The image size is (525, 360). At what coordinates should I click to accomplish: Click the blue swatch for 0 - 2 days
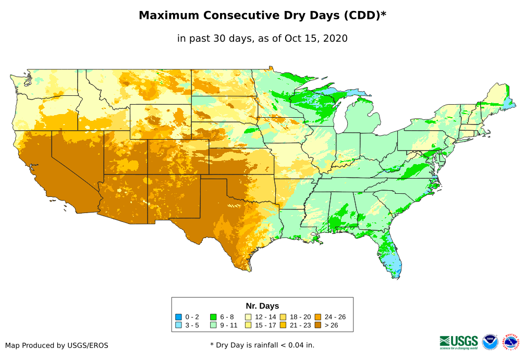tap(178, 317)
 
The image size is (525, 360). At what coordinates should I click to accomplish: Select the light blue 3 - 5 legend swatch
tap(178, 326)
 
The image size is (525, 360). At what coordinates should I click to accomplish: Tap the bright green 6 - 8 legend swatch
tap(213, 317)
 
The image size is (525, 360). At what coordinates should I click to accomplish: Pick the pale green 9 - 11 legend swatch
tap(213, 326)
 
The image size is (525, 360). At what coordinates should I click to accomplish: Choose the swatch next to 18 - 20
tap(283, 317)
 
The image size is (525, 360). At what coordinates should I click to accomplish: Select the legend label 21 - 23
tap(300, 326)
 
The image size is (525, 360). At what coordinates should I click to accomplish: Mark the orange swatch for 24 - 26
tap(318, 317)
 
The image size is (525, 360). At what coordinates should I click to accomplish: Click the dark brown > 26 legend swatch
tap(318, 326)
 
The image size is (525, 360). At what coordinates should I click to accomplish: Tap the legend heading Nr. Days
tap(262, 306)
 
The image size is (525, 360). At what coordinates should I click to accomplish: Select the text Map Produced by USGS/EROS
tap(57, 345)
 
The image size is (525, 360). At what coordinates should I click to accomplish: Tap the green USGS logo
tap(459, 342)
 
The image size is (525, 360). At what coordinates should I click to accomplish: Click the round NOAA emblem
tap(490, 342)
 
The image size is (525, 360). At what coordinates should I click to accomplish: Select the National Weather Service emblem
tap(512, 342)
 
